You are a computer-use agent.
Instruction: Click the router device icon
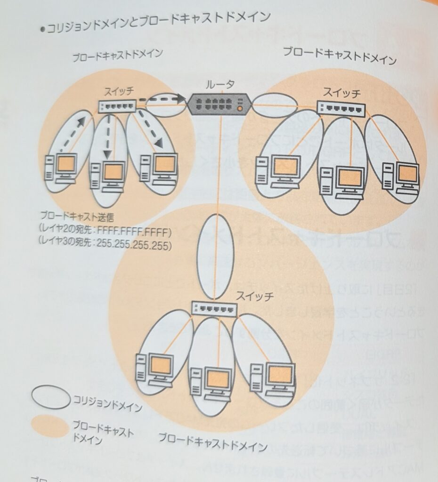click(x=219, y=104)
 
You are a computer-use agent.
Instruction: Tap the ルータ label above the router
click(x=219, y=85)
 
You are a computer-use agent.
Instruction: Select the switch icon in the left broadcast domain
click(x=117, y=107)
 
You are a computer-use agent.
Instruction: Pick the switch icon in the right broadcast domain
click(x=340, y=109)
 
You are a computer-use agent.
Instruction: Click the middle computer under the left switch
click(x=108, y=175)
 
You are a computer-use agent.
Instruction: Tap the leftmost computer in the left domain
click(x=59, y=169)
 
